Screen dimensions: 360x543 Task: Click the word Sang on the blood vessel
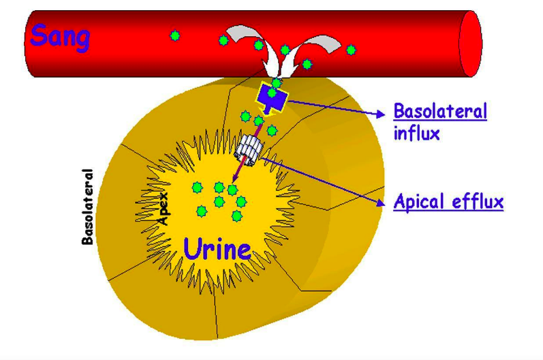pyautogui.click(x=59, y=35)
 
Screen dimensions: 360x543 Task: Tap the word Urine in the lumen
pyautogui.click(x=217, y=248)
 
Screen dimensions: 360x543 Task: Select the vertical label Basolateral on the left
pyautogui.click(x=88, y=206)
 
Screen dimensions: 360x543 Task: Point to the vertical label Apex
pyautogui.click(x=164, y=209)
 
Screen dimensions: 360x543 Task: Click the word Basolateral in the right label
pyautogui.click(x=440, y=112)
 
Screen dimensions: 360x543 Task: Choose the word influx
pyautogui.click(x=416, y=132)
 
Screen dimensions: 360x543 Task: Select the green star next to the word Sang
pyautogui.click(x=175, y=35)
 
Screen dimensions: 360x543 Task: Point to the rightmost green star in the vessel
pyautogui.click(x=351, y=50)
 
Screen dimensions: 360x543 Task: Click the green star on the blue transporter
pyautogui.click(x=273, y=93)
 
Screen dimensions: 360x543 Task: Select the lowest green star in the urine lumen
pyautogui.click(x=236, y=215)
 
